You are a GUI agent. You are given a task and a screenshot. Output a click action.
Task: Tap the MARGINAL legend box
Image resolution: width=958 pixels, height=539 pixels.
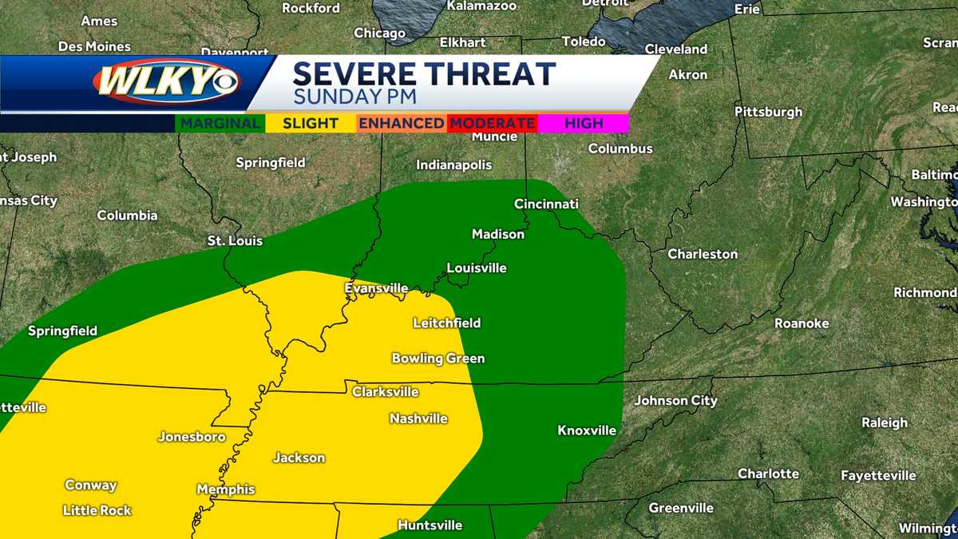pyautogui.click(x=220, y=123)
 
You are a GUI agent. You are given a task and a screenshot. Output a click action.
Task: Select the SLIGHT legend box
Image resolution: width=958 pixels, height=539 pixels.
pyautogui.click(x=311, y=123)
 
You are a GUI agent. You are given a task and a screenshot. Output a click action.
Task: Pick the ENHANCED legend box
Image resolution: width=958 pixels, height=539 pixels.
pyautogui.click(x=401, y=123)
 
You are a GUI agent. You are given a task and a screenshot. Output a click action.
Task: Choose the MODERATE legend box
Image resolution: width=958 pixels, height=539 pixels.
pyautogui.click(x=491, y=123)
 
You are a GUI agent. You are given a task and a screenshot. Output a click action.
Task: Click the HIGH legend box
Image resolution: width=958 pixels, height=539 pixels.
pyautogui.click(x=584, y=123)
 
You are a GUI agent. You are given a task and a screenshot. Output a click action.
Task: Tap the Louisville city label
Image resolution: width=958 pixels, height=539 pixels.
pyautogui.click(x=477, y=268)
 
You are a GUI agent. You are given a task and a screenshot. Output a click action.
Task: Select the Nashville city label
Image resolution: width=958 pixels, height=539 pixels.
pyautogui.click(x=418, y=418)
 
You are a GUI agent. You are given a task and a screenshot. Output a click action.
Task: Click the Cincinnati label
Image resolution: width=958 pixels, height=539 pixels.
pyautogui.click(x=546, y=204)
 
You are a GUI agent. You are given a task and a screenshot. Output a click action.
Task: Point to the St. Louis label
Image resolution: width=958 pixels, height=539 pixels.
pyautogui.click(x=235, y=240)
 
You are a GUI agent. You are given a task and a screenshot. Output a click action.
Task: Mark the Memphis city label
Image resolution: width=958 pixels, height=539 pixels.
pyautogui.click(x=226, y=489)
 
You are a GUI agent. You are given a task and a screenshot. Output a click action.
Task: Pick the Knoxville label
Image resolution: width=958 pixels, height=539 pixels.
pyautogui.click(x=587, y=430)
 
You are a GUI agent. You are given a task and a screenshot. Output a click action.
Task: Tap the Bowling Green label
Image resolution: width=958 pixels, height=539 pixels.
pyautogui.click(x=438, y=359)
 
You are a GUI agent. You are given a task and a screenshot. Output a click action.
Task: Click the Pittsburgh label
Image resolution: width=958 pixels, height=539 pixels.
pyautogui.click(x=768, y=111)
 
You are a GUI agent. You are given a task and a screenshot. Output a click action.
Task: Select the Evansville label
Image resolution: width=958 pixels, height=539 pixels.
pyautogui.click(x=376, y=288)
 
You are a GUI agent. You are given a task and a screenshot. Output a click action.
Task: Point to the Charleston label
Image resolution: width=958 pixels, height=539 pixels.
pyautogui.click(x=703, y=254)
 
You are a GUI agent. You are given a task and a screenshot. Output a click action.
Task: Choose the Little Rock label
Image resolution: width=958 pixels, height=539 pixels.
pyautogui.click(x=97, y=510)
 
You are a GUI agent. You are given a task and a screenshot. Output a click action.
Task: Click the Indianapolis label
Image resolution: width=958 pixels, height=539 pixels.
pyautogui.click(x=454, y=164)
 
